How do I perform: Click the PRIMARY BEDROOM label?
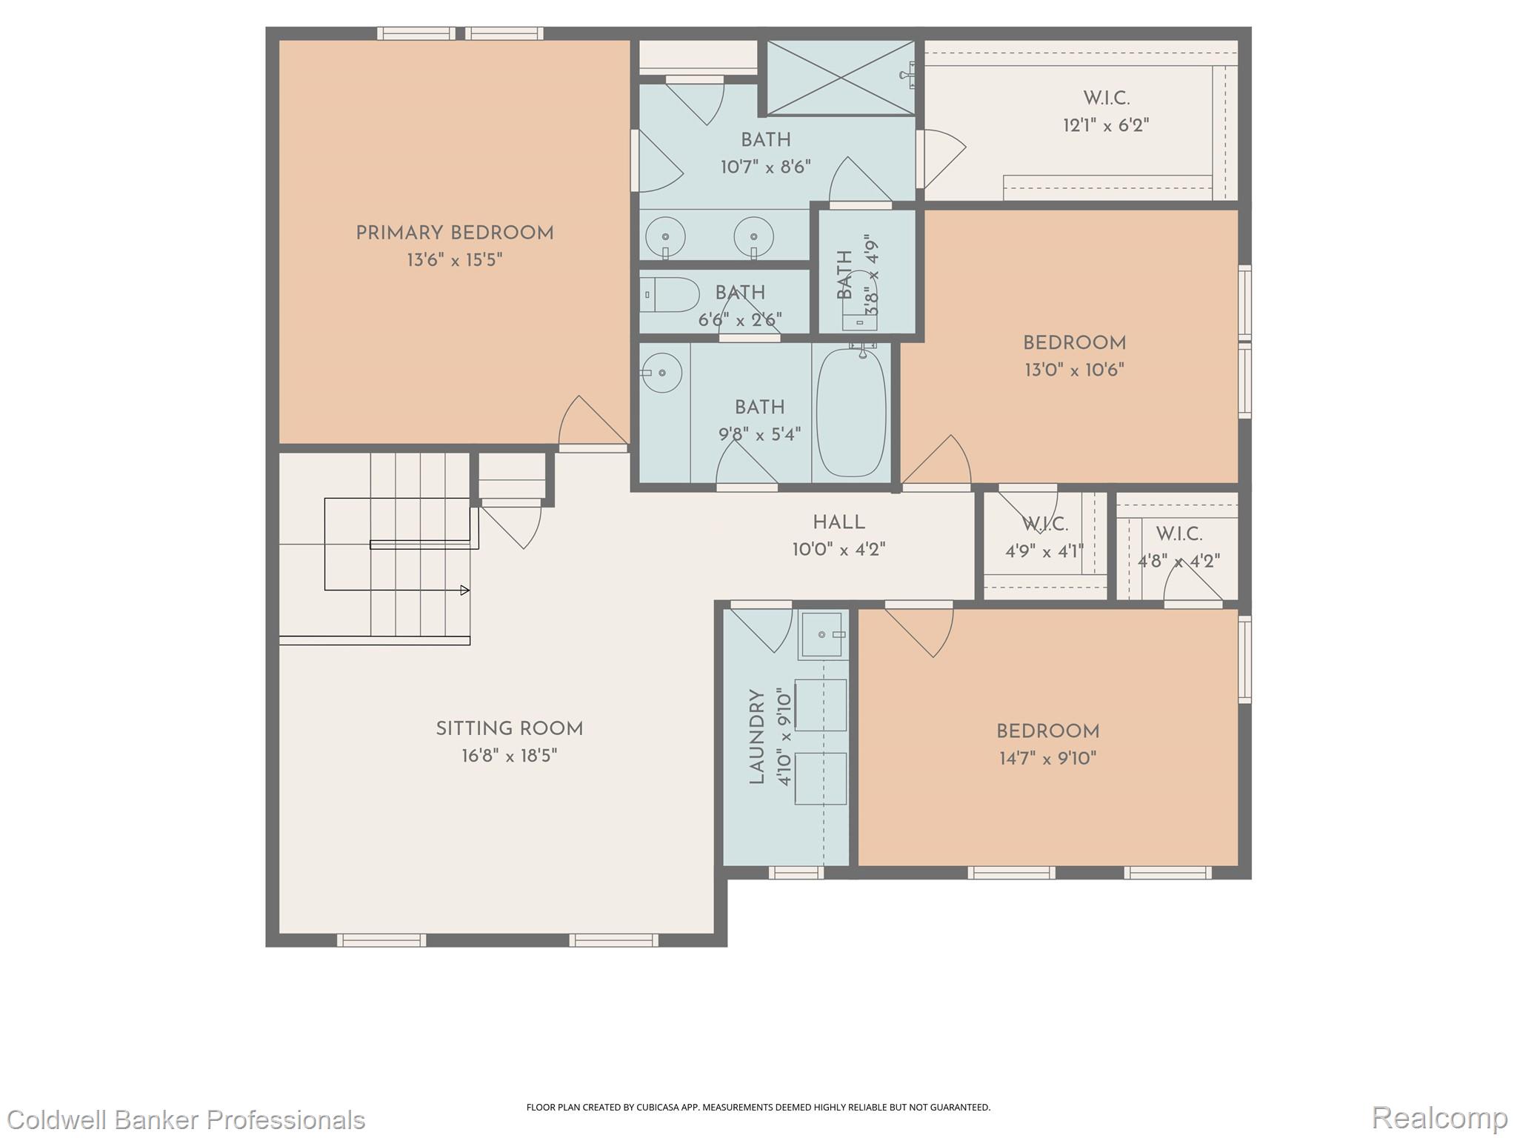[454, 233]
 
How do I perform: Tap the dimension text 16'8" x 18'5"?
[509, 756]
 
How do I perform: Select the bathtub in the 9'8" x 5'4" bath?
[851, 413]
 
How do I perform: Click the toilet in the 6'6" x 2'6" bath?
[670, 295]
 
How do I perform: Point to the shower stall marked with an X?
[840, 78]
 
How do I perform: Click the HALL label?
[838, 522]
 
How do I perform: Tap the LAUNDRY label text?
[756, 736]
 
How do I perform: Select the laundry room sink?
[822, 635]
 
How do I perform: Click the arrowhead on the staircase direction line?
[465, 590]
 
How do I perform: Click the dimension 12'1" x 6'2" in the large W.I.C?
[1106, 125]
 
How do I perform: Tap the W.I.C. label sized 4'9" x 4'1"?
[1044, 525]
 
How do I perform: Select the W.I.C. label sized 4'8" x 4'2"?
[1178, 533]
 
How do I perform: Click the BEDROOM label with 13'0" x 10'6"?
[1074, 343]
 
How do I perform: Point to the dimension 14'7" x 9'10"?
[1047, 758]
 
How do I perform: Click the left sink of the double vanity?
[665, 237]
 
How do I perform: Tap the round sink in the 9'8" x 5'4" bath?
[661, 373]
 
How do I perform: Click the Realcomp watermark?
[1439, 1117]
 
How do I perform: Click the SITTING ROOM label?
[509, 729]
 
